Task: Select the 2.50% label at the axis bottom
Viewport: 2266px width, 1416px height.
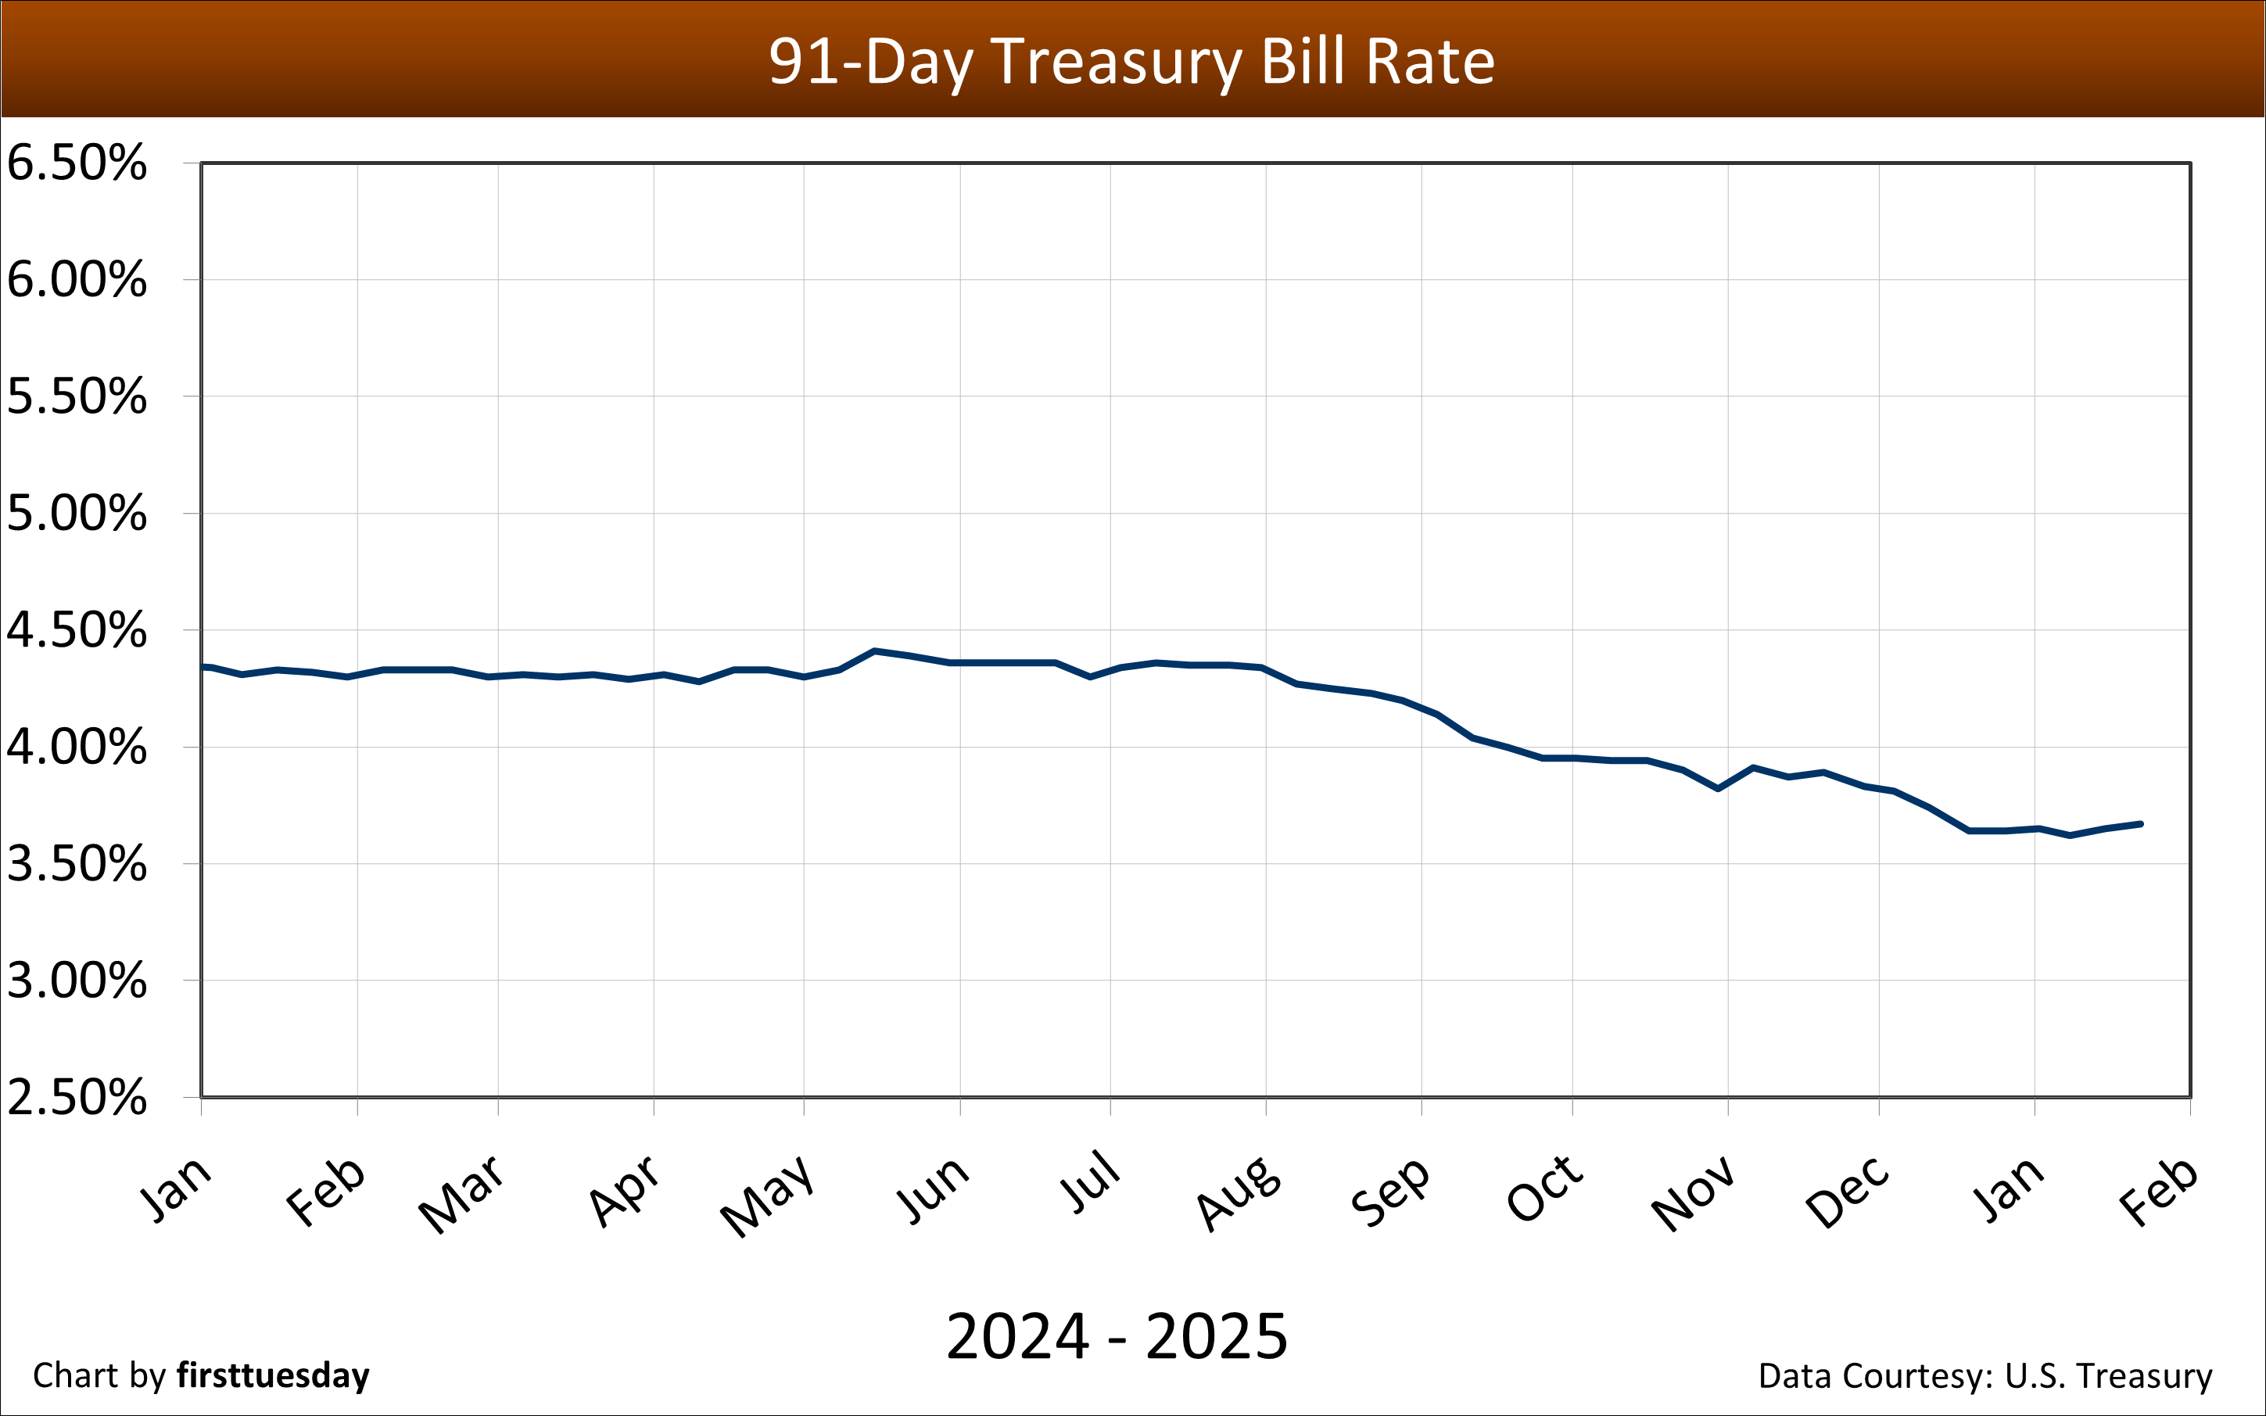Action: click(77, 1097)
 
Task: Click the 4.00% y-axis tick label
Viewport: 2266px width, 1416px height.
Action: click(77, 747)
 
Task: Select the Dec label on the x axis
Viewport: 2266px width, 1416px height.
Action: click(1848, 1192)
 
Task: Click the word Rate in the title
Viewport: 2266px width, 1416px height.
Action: click(1430, 62)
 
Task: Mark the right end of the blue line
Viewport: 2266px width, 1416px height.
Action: click(2141, 824)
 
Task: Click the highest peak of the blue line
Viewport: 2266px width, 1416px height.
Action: click(873, 651)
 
